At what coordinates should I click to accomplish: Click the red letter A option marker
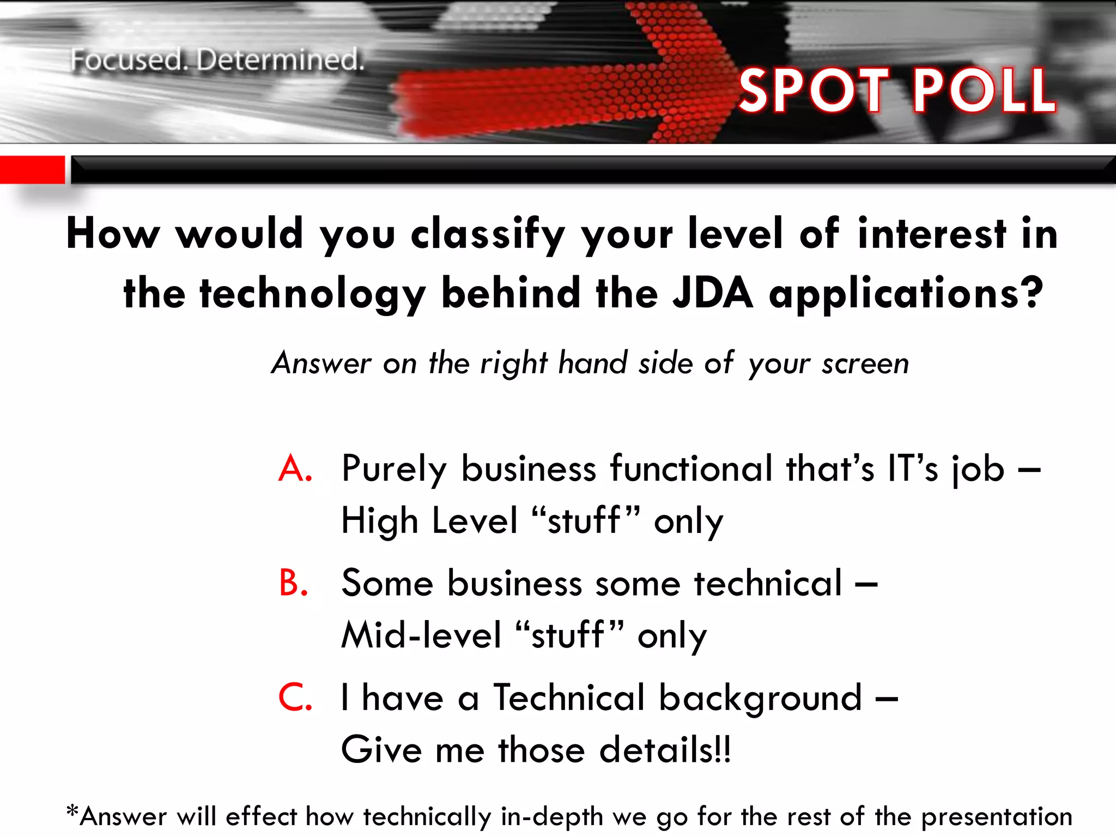point(295,468)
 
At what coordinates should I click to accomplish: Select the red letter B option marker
point(294,583)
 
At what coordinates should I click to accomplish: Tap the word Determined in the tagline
point(280,60)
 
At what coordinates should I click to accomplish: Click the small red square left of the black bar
point(32,169)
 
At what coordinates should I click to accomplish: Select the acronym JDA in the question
point(713,293)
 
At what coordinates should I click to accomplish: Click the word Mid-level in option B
point(421,635)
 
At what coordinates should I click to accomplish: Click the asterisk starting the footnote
point(72,812)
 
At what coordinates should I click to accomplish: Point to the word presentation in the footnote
point(997,817)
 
